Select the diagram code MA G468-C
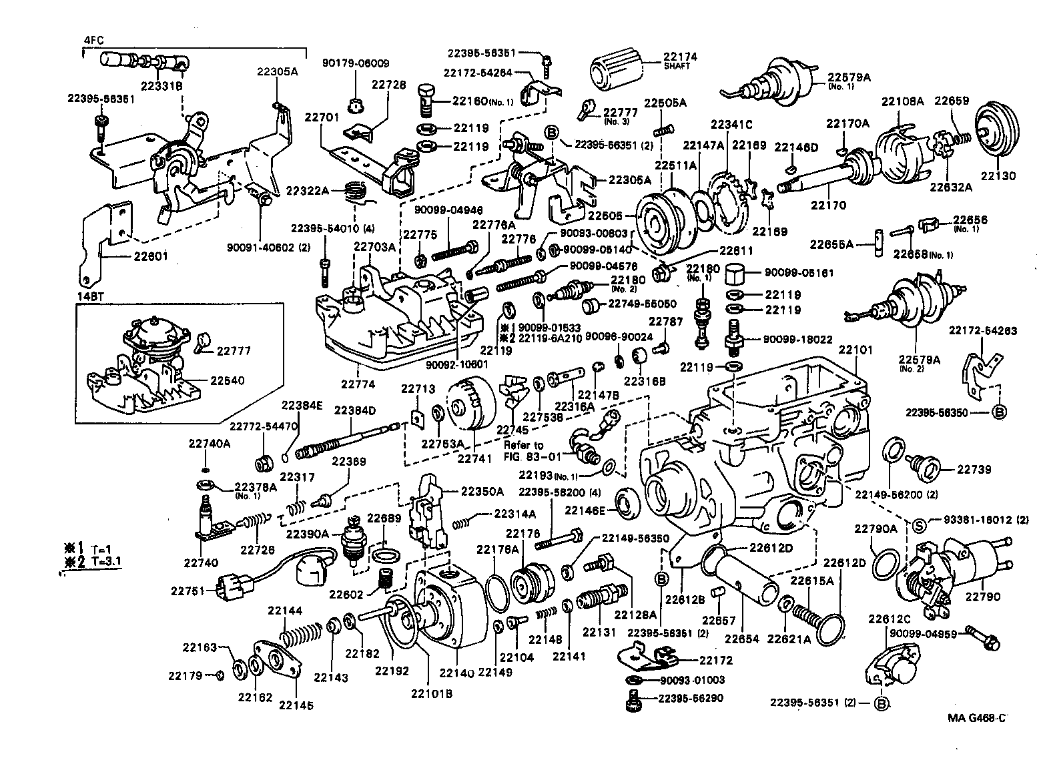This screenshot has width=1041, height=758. [x=976, y=718]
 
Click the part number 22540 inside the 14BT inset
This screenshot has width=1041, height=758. [x=228, y=380]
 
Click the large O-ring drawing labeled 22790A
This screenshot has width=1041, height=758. [x=885, y=563]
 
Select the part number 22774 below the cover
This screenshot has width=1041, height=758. [x=360, y=384]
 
